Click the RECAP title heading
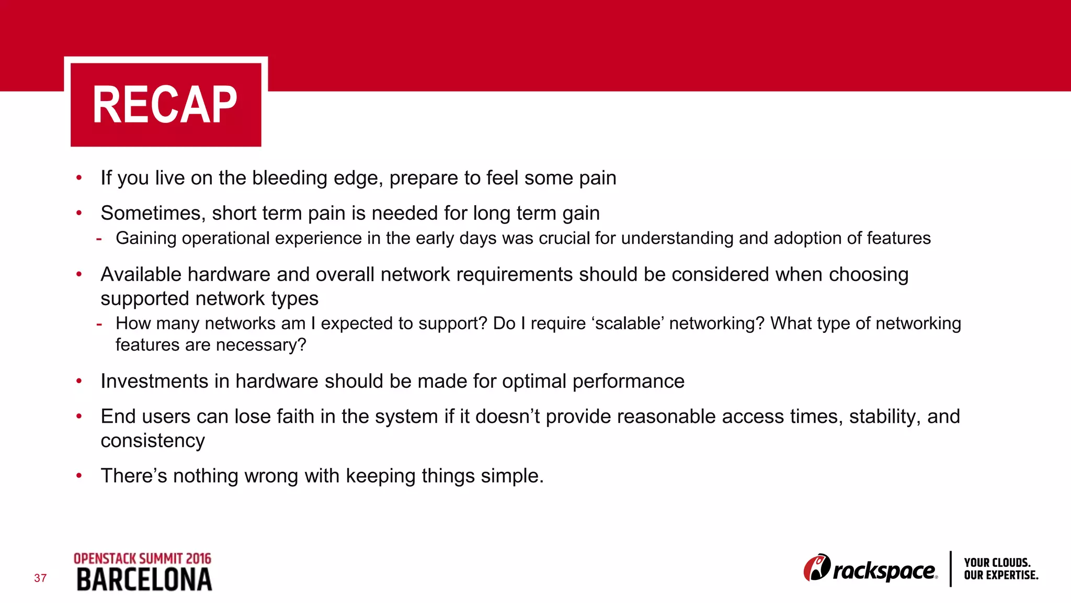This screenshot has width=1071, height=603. coord(165,105)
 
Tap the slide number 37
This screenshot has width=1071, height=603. coord(40,578)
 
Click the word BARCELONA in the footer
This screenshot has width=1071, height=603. coord(144,580)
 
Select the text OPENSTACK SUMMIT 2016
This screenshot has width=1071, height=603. coord(142,559)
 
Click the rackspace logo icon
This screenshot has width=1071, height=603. coord(817,568)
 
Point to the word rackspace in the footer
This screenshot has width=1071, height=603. coord(884,571)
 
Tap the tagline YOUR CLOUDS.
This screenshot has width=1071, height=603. coord(997,563)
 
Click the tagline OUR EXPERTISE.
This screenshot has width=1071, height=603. coord(1001,575)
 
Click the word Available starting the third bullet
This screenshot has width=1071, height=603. coord(141,275)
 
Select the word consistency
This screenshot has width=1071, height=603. coord(153,441)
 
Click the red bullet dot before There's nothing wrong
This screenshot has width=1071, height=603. coord(79,476)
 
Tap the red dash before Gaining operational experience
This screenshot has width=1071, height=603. coord(99,239)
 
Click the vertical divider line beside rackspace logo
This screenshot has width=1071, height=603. coord(950,568)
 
